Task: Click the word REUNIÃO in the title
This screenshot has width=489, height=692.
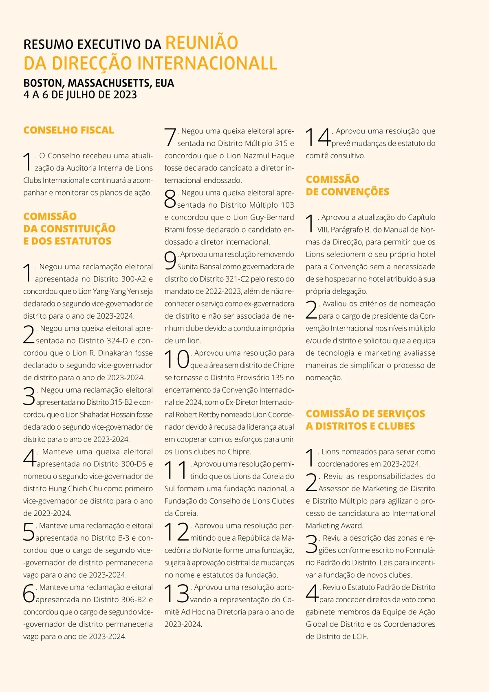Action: (202, 43)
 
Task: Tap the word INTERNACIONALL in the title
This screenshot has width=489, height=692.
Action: (207, 64)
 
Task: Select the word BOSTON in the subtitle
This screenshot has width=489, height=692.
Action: (43, 83)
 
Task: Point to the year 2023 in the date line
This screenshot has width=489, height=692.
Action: (125, 95)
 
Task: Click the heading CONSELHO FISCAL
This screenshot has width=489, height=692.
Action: (68, 130)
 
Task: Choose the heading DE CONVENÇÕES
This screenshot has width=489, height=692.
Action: (347, 192)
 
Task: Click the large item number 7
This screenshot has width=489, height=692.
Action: (170, 137)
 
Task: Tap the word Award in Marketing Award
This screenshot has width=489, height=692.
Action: (352, 526)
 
